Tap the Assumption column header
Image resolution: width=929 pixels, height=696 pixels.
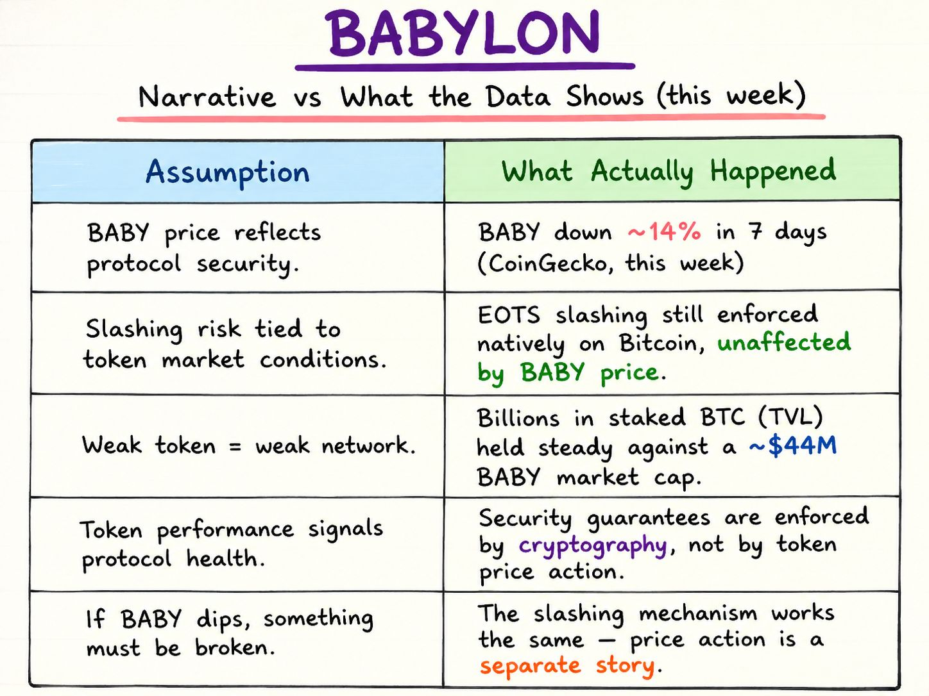(x=228, y=172)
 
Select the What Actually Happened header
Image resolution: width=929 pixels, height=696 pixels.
(x=669, y=172)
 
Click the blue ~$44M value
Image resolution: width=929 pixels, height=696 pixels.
(x=792, y=446)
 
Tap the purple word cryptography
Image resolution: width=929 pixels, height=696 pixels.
(x=593, y=545)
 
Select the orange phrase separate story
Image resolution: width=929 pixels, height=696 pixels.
(x=568, y=666)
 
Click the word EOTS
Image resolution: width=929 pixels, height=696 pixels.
(x=509, y=315)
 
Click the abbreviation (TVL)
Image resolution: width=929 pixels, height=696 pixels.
(x=790, y=417)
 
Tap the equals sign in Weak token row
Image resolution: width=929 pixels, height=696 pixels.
(x=234, y=447)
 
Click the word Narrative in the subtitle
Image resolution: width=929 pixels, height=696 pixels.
(x=207, y=96)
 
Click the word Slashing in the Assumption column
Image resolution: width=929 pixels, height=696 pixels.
(x=134, y=329)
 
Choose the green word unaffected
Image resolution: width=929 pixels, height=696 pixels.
(x=784, y=342)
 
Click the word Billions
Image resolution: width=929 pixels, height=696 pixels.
(x=518, y=418)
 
